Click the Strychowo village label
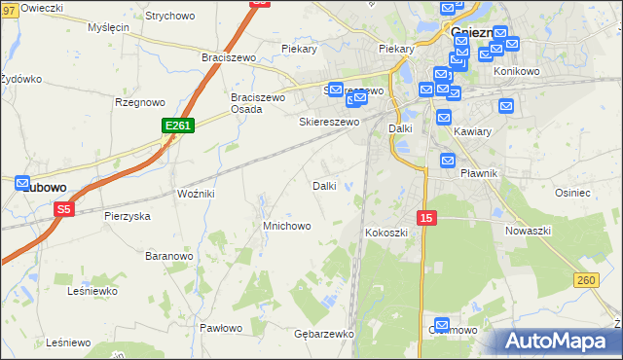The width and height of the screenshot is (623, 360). pyautogui.click(x=169, y=17)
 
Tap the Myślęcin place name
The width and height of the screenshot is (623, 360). pyautogui.click(x=108, y=27)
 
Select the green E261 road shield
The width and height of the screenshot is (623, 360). pyautogui.click(x=178, y=126)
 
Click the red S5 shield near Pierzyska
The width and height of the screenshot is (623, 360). pyautogui.click(x=64, y=208)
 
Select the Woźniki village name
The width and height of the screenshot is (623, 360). pyautogui.click(x=196, y=194)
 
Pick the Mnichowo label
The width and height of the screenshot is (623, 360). pyautogui.click(x=287, y=226)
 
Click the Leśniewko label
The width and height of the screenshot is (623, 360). pyautogui.click(x=92, y=290)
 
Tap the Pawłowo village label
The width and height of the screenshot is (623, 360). pyautogui.click(x=221, y=328)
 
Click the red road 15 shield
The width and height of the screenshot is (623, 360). pyautogui.click(x=426, y=219)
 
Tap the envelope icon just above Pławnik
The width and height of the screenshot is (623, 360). pyautogui.click(x=448, y=161)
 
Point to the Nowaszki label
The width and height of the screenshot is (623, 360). pyautogui.click(x=529, y=231)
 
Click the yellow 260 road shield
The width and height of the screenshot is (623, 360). pyautogui.click(x=585, y=280)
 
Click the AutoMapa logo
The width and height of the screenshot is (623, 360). pyautogui.click(x=560, y=341)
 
